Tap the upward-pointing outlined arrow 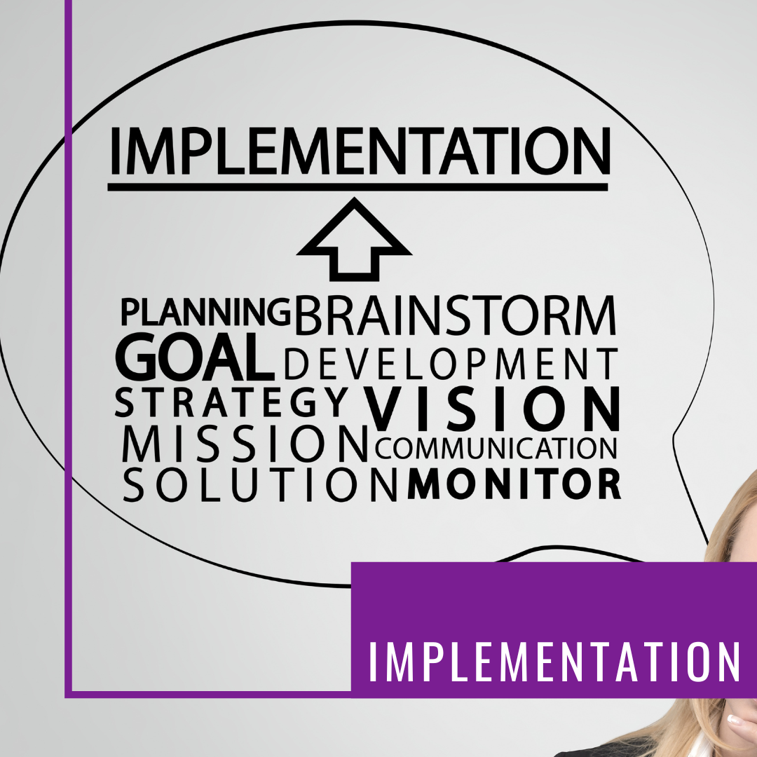354,238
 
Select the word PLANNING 205,313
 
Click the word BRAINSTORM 456,316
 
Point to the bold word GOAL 195,358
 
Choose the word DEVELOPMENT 451,364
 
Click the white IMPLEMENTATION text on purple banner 554,660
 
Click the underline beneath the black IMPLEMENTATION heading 357,187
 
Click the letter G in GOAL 140,358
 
